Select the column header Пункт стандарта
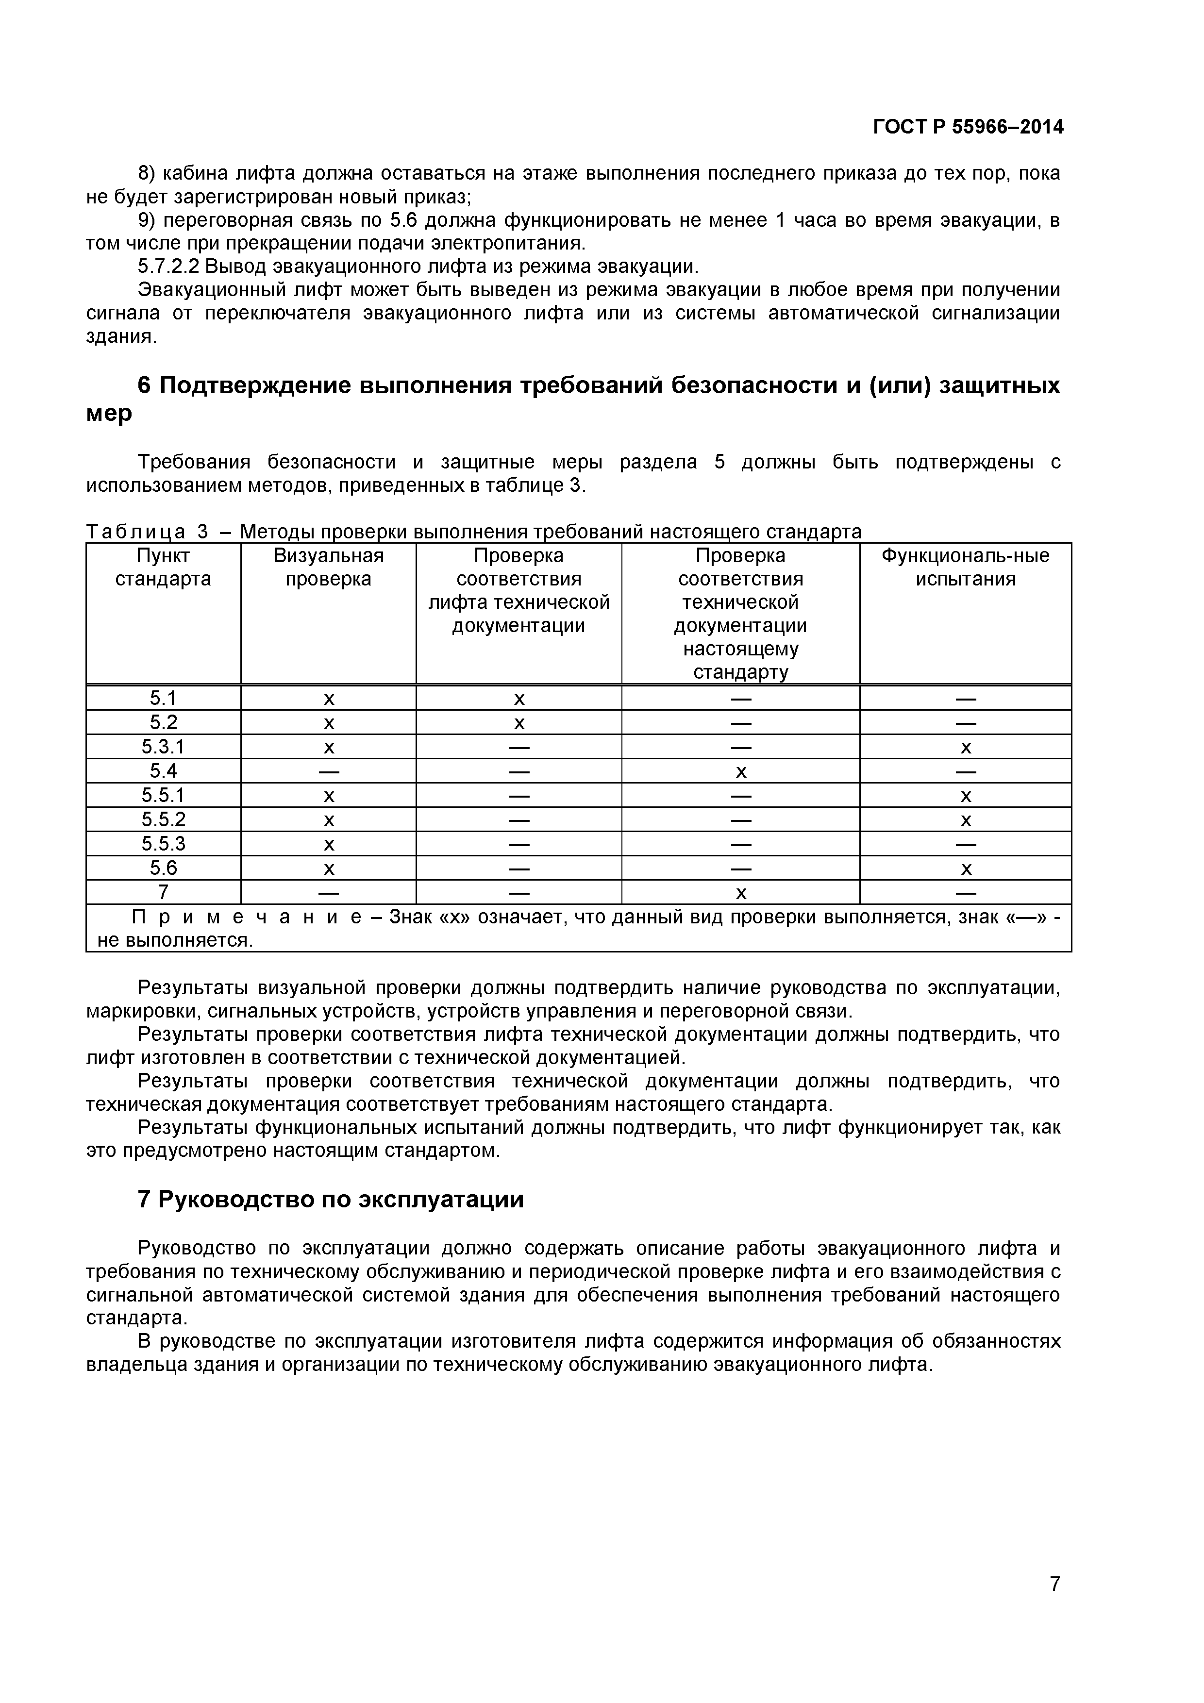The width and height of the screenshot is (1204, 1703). [x=163, y=568]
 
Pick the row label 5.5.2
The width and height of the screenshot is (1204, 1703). [x=163, y=819]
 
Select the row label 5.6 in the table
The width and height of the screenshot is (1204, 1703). [x=163, y=868]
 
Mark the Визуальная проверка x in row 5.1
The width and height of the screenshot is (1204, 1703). [x=329, y=700]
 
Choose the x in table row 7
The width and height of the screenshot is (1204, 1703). [x=740, y=894]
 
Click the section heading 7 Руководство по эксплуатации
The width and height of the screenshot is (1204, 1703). [x=331, y=1200]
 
